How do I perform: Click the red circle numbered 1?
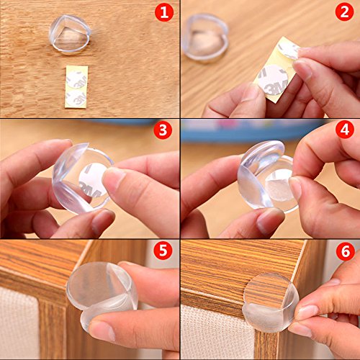pos(164,12)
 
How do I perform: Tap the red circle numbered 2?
pos(344,12)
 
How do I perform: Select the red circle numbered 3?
pos(163,130)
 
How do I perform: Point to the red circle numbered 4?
pos(345,130)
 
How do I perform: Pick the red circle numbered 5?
pos(163,251)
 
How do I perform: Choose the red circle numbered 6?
pos(346,252)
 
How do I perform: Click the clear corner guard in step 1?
pos(70,35)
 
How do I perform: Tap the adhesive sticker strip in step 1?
pos(76,86)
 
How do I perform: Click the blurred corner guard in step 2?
pos(205,37)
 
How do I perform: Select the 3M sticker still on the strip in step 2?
pos(273,79)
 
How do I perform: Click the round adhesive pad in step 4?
pos(279,185)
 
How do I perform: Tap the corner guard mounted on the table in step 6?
pos(271,303)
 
